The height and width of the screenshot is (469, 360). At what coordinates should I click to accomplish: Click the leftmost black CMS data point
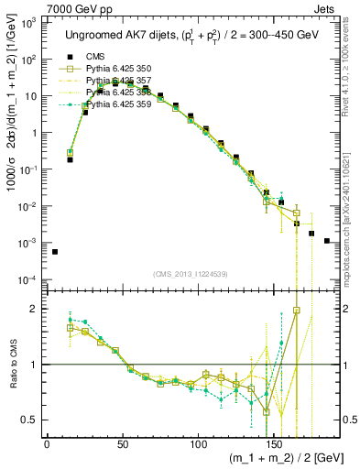pyautogui.click(x=54, y=252)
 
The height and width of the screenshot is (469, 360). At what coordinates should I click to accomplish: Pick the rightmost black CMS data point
pyautogui.click(x=327, y=241)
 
